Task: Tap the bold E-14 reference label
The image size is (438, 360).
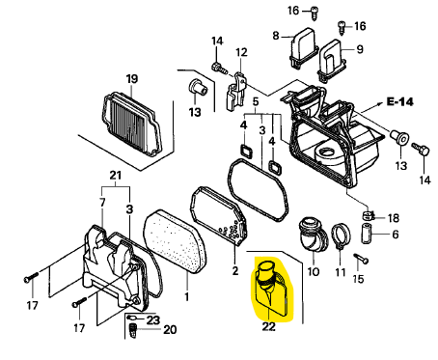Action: [399, 101]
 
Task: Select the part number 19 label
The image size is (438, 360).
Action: [132, 79]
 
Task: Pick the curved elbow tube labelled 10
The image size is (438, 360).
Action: [313, 235]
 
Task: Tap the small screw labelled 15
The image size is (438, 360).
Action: [361, 259]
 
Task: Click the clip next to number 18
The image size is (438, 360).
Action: [368, 215]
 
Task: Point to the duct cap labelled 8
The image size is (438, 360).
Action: [303, 47]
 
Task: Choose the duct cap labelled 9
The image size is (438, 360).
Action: [332, 61]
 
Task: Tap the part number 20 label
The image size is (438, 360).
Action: [170, 329]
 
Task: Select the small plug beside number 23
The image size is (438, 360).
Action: [133, 318]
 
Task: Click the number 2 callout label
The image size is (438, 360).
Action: [235, 270]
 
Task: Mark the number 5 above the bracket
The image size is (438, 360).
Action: [256, 101]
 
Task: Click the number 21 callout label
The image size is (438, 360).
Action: [116, 176]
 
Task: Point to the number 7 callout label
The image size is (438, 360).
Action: [102, 203]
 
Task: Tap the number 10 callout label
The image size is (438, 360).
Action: [314, 272]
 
